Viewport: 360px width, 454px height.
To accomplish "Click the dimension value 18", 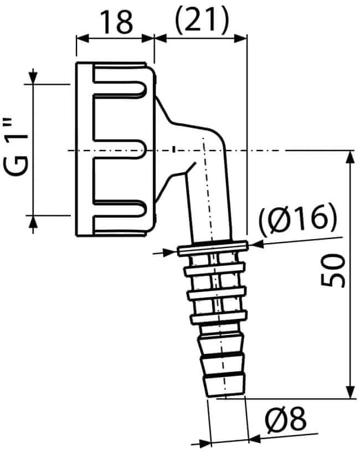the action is pos(117,22).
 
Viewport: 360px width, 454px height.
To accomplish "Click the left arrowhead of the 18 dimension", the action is pos(82,38).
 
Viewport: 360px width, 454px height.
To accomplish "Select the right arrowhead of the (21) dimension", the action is pos(240,38).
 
